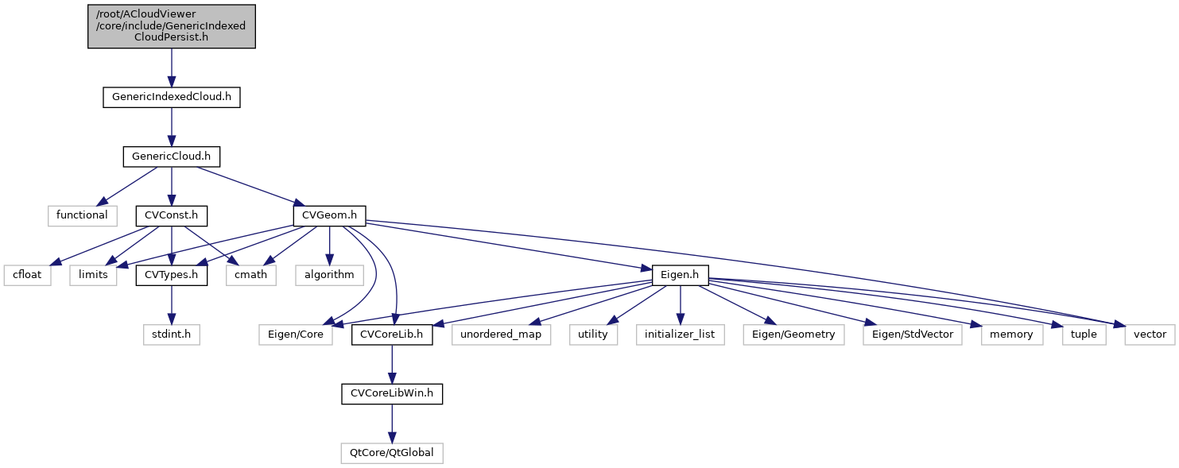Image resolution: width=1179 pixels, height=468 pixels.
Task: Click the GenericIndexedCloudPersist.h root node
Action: (171, 26)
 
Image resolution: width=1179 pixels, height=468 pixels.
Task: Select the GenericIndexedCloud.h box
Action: (171, 97)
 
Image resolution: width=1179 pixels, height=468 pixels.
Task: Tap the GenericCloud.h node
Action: (171, 156)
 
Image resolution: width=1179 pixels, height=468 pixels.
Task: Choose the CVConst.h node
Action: (171, 215)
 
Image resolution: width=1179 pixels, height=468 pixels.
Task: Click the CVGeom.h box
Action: (330, 215)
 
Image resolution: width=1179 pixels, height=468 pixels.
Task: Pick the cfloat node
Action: (27, 275)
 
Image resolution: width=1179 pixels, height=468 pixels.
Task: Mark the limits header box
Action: (91, 275)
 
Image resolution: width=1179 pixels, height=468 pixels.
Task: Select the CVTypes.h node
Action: (171, 275)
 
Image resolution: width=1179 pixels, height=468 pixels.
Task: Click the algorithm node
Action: (329, 275)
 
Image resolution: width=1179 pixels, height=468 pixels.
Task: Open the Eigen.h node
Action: (680, 275)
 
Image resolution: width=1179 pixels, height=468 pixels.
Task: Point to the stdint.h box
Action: (171, 335)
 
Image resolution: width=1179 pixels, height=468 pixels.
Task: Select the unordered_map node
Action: (501, 335)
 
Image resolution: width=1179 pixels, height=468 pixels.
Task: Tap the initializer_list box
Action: (680, 335)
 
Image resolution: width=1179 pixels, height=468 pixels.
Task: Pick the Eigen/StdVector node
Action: (912, 335)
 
